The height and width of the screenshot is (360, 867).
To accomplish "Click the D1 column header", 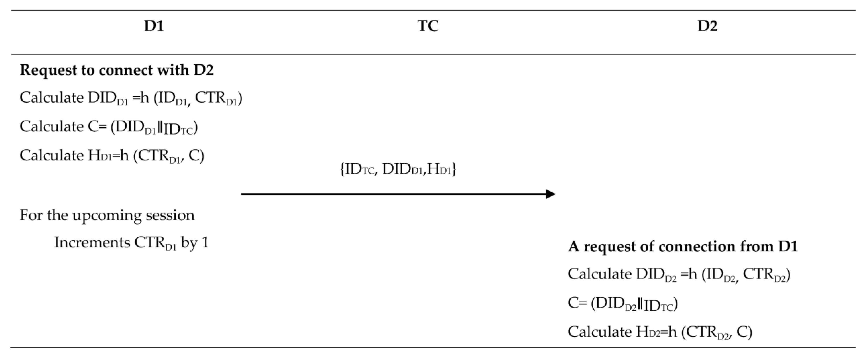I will (x=154, y=26).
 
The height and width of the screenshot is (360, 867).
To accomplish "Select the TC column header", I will (x=428, y=26).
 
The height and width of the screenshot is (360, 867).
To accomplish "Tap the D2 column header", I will (x=707, y=26).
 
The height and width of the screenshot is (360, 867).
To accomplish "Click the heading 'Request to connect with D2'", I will (x=117, y=70).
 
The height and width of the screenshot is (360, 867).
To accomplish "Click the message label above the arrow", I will (x=398, y=169).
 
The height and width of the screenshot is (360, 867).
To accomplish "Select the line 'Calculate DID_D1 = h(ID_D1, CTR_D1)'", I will (x=131, y=98).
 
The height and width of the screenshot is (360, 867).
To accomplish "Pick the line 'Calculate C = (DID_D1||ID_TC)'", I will (x=108, y=127).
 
